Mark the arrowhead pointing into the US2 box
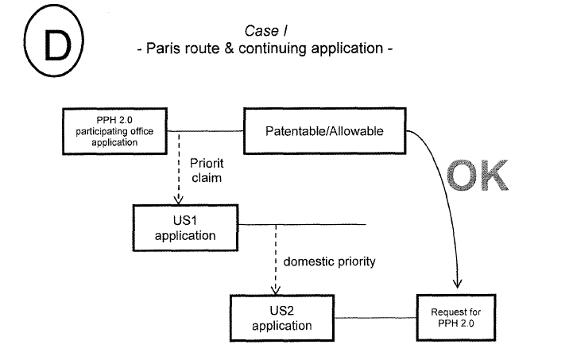pyautogui.click(x=275, y=290)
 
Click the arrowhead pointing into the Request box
pyautogui.click(x=457, y=284)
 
